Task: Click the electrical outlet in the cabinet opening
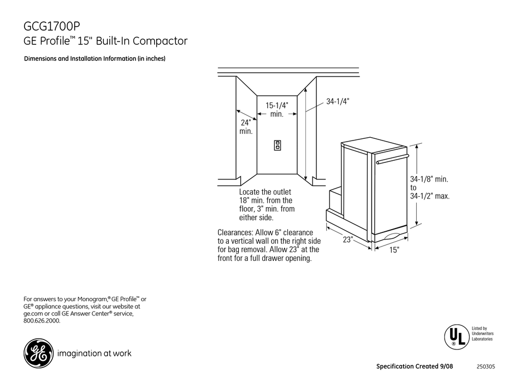click(x=278, y=145)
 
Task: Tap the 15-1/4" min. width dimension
click(x=277, y=109)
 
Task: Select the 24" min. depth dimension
click(x=245, y=127)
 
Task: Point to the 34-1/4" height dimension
click(x=337, y=101)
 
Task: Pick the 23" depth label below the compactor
click(x=349, y=239)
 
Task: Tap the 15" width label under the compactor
click(x=394, y=250)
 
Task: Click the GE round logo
click(x=38, y=353)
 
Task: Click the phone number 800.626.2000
click(x=42, y=321)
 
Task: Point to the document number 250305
click(x=486, y=366)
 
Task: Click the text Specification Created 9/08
click(x=414, y=366)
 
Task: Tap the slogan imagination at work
click(x=94, y=353)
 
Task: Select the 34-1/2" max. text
click(x=430, y=196)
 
